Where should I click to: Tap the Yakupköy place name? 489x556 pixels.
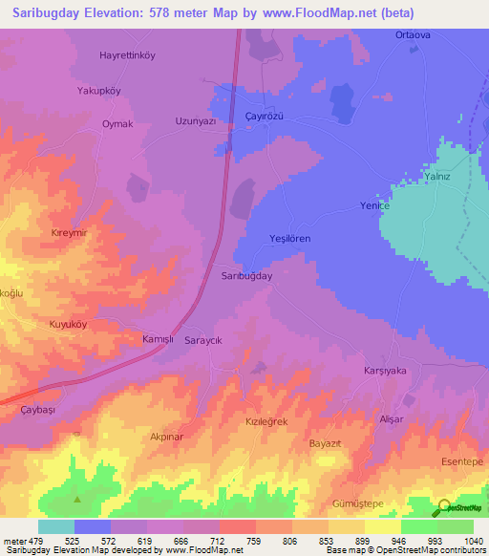[x=99, y=91]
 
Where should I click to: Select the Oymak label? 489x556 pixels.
[x=117, y=124]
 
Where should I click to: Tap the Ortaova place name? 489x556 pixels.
[x=414, y=34]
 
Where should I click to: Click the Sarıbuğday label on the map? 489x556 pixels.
[x=247, y=275]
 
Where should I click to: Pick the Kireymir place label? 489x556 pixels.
[x=69, y=232]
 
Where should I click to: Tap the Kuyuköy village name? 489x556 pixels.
[x=68, y=325]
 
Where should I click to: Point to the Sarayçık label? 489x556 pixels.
[x=204, y=340]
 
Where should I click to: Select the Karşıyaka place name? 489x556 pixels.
[x=386, y=370]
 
